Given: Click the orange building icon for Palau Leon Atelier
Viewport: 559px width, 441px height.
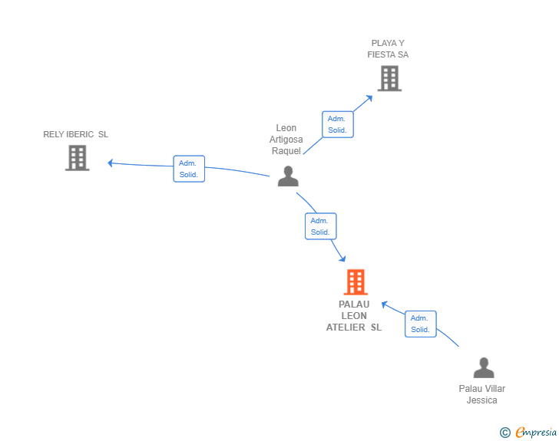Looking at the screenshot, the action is click(x=356, y=281).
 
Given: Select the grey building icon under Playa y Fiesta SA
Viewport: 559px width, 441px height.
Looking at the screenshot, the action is click(x=389, y=78).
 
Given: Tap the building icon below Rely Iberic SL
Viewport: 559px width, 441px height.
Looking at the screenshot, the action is click(x=77, y=158).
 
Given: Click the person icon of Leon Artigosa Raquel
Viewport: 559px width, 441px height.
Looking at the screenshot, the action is click(x=288, y=176).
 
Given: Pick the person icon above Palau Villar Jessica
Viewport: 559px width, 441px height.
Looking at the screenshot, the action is click(x=484, y=367).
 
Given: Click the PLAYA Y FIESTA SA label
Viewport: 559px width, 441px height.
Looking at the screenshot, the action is click(x=388, y=49).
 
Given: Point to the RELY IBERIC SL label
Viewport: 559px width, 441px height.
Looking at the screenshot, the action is click(x=75, y=134).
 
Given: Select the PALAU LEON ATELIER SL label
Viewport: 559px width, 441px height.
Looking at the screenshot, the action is click(x=354, y=316).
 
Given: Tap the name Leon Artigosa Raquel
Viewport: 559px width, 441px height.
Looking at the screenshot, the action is click(x=286, y=140).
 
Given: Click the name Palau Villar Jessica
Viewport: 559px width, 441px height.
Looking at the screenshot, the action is click(x=482, y=394).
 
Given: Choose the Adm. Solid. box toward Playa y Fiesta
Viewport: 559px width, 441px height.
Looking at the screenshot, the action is click(x=338, y=124).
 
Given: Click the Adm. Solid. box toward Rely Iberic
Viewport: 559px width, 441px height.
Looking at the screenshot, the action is click(x=189, y=169).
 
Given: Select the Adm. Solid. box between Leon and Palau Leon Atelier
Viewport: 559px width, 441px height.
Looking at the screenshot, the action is click(x=320, y=226).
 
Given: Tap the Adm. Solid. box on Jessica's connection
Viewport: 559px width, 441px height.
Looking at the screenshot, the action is click(x=420, y=324).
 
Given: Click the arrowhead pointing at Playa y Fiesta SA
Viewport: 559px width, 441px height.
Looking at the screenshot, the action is click(x=369, y=98).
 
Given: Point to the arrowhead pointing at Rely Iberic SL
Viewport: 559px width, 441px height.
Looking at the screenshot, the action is click(x=111, y=163).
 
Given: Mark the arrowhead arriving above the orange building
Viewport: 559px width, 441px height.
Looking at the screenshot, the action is click(x=342, y=258).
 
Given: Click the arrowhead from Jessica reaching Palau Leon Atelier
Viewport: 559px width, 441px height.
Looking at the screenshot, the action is click(x=384, y=304).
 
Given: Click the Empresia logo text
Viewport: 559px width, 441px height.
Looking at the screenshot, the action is click(x=536, y=432).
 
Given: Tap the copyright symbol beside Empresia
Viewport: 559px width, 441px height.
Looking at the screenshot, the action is click(x=505, y=433).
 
